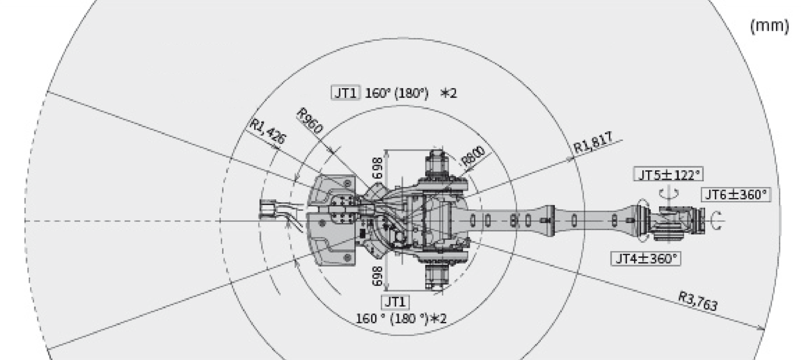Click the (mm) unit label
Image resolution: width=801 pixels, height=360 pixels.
769,27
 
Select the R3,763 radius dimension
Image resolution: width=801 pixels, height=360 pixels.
697,301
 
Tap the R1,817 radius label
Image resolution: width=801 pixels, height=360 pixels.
594,143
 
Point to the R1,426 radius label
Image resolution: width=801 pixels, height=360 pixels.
268,131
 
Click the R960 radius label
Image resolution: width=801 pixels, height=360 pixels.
310,121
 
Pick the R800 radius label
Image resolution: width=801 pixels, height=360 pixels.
474,156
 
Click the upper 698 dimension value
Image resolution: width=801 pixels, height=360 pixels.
378,167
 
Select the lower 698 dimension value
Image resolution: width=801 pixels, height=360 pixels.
378,276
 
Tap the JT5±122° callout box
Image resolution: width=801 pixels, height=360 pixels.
668,175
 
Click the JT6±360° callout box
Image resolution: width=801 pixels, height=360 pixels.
735,195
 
